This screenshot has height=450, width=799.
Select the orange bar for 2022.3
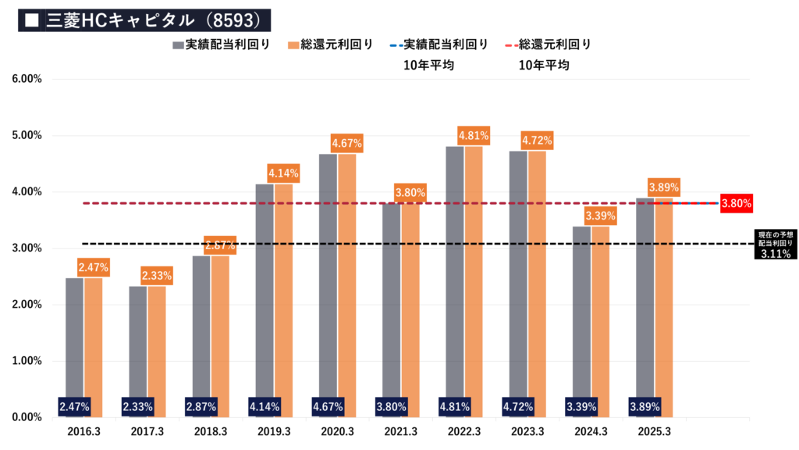click(x=474, y=273)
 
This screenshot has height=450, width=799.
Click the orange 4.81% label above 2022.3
click(x=474, y=135)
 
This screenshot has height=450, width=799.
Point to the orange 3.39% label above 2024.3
click(x=600, y=216)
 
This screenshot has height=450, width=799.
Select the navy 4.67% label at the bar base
click(x=328, y=406)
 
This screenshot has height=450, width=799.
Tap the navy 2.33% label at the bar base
click(x=138, y=406)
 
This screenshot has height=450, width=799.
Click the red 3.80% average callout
click(x=737, y=204)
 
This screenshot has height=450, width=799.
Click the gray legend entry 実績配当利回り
click(x=222, y=45)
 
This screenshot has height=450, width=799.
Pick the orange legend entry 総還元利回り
click(x=331, y=45)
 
